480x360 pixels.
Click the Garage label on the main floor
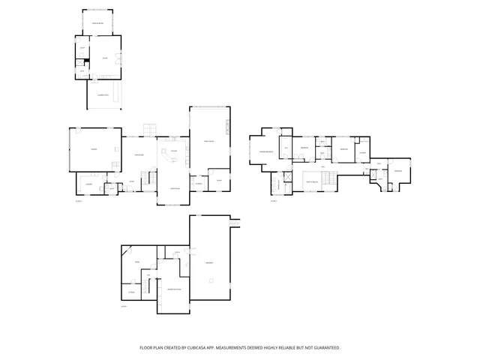point(94,150)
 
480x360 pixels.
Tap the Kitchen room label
point(174,151)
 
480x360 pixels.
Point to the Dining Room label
point(139,155)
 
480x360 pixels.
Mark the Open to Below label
point(312,181)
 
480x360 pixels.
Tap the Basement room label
point(209,262)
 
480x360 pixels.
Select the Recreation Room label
point(173,289)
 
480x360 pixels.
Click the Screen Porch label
point(97,25)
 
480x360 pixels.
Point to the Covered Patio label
point(103,95)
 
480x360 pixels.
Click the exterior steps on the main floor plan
point(149,129)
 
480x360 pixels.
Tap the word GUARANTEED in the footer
point(323,348)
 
